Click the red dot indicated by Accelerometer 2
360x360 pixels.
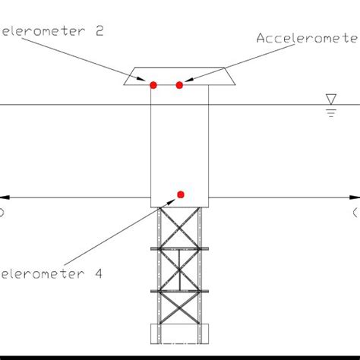coord(153,85)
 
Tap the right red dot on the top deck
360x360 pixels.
coord(179,84)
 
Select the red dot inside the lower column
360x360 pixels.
coord(181,195)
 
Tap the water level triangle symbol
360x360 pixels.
coord(330,99)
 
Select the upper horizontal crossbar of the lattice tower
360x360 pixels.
coord(180,248)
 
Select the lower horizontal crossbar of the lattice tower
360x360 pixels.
coord(180,290)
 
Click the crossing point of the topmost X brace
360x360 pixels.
coord(180,227)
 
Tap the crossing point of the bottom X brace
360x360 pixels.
coord(180,309)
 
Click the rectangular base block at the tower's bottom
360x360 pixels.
coord(180,333)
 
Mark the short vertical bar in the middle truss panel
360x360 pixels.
coord(180,269)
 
